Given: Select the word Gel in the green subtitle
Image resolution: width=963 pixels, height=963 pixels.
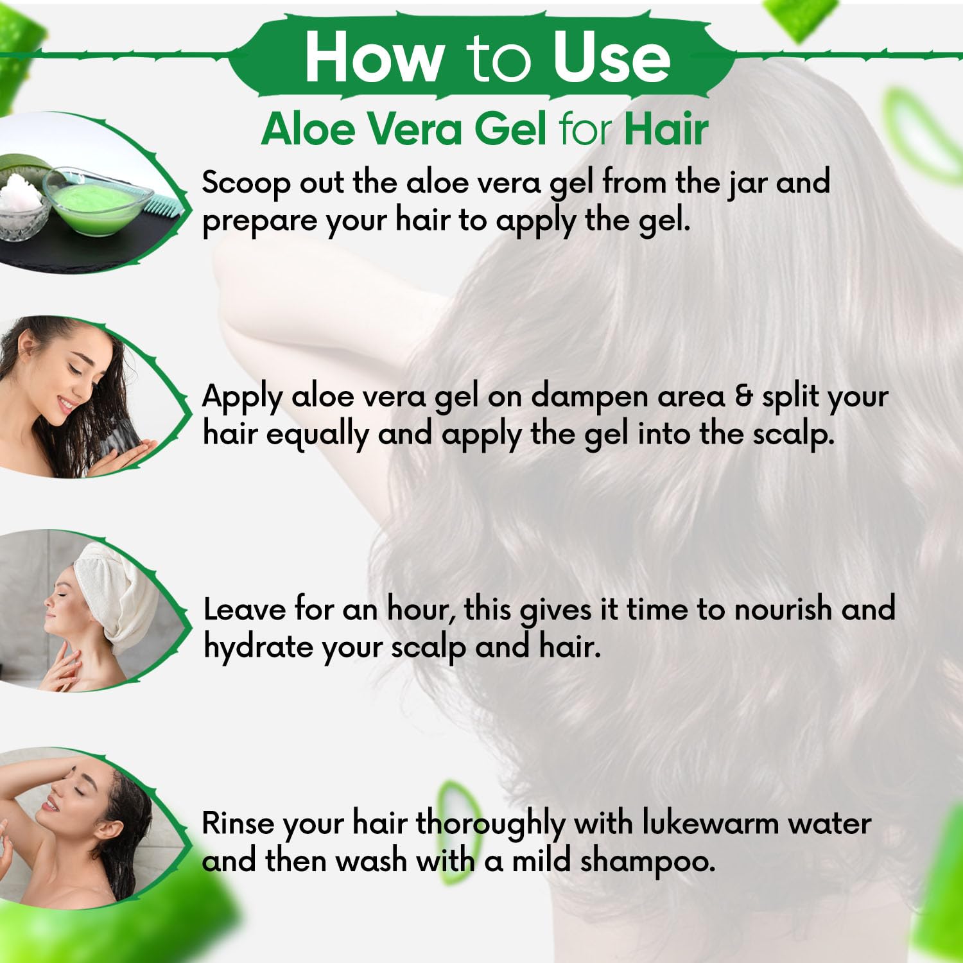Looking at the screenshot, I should click(x=510, y=128).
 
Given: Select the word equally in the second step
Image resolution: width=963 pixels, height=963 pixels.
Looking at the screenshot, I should click(x=317, y=435).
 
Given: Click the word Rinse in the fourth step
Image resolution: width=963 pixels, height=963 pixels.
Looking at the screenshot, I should click(x=238, y=823).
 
